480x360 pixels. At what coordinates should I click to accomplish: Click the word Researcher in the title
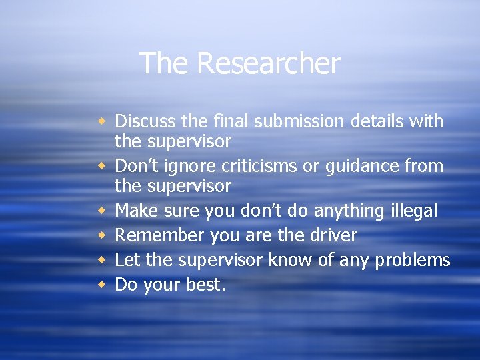click(268, 64)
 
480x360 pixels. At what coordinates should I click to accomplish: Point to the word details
click(368, 121)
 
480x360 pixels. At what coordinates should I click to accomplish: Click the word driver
click(333, 235)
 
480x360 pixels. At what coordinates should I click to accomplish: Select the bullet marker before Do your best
click(102, 285)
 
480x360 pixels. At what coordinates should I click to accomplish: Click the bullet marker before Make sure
click(102, 211)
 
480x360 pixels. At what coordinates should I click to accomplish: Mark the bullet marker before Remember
click(102, 235)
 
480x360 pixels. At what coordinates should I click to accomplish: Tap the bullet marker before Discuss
click(102, 121)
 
